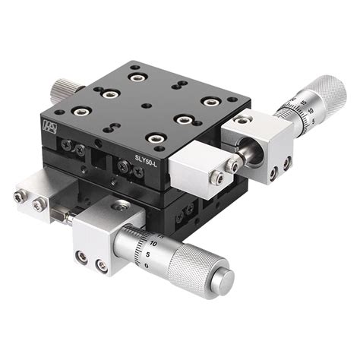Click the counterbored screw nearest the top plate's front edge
[x=156, y=138]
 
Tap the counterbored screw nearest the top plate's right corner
[x=209, y=101]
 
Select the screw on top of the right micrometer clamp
[x=242, y=120]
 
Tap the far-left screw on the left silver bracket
[x=17, y=198]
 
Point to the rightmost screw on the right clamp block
[x=286, y=161]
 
